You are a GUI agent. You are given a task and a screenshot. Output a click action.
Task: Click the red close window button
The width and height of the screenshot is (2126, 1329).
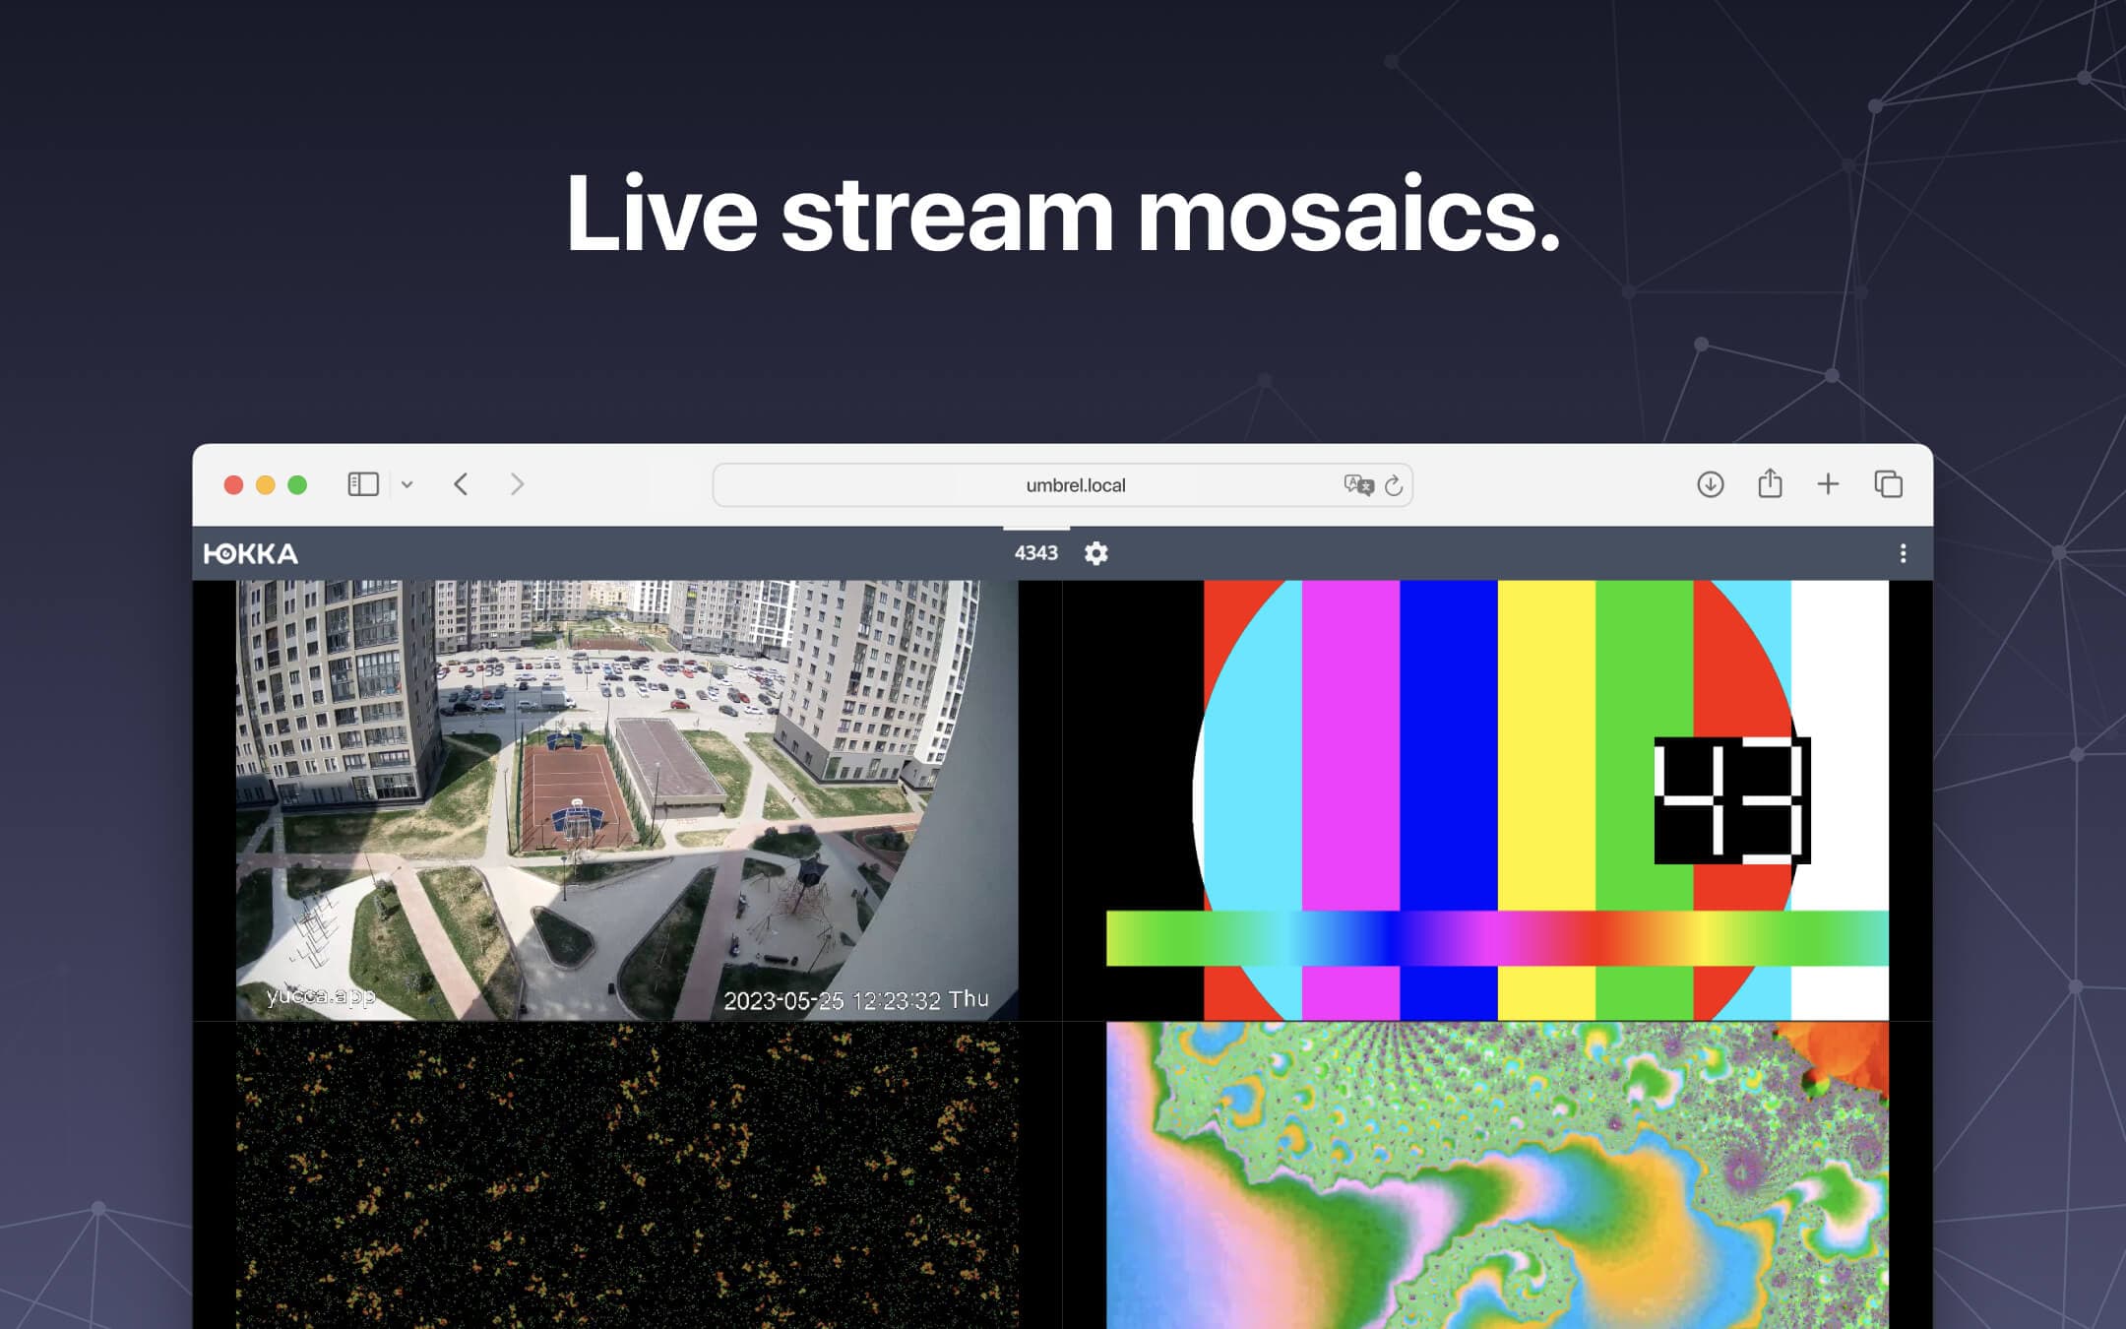pos(233,484)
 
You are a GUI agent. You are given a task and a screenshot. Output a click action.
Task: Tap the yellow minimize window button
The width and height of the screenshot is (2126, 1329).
pos(265,484)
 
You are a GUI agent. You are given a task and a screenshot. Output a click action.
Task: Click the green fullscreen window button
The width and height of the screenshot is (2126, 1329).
pos(297,484)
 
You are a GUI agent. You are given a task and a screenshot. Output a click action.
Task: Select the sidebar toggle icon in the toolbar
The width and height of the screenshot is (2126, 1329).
pos(363,484)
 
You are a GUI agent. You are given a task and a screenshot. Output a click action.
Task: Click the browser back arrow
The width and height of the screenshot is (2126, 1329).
pos(461,484)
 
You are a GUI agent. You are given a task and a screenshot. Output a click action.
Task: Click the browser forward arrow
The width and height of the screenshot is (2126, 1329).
pos(517,484)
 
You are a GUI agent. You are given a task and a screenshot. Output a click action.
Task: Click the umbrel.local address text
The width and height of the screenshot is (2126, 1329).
pos(1076,485)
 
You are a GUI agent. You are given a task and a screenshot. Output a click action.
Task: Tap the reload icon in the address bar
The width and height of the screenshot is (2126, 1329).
pos(1394,485)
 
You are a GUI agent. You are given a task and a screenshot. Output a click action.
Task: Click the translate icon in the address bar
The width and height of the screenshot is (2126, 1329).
pos(1358,484)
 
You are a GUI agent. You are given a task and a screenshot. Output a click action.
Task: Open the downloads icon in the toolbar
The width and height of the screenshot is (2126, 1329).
pos(1711,484)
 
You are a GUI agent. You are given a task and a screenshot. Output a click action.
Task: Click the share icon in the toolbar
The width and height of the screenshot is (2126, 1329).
pos(1770,483)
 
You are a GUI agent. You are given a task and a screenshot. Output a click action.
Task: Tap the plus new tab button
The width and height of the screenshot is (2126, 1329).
pos(1828,484)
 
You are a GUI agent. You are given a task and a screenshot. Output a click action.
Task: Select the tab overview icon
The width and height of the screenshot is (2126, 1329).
pos(1889,484)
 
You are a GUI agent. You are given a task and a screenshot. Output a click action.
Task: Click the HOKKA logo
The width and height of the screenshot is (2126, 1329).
pos(251,554)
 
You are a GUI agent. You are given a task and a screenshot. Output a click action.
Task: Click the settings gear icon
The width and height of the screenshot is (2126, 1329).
pos(1096,553)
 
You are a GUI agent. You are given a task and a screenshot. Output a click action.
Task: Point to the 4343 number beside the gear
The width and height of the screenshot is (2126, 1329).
pos(1036,553)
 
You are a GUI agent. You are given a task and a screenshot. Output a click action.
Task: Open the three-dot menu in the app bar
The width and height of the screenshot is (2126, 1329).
pos(1903,553)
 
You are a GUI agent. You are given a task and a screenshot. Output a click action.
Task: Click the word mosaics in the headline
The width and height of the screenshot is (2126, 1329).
pos(1348,214)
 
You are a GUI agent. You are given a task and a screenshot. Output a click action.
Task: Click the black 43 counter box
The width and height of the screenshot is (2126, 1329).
pos(1732,800)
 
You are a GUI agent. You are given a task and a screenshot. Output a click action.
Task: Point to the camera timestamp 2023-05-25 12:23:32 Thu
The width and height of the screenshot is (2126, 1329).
pos(856,1000)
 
